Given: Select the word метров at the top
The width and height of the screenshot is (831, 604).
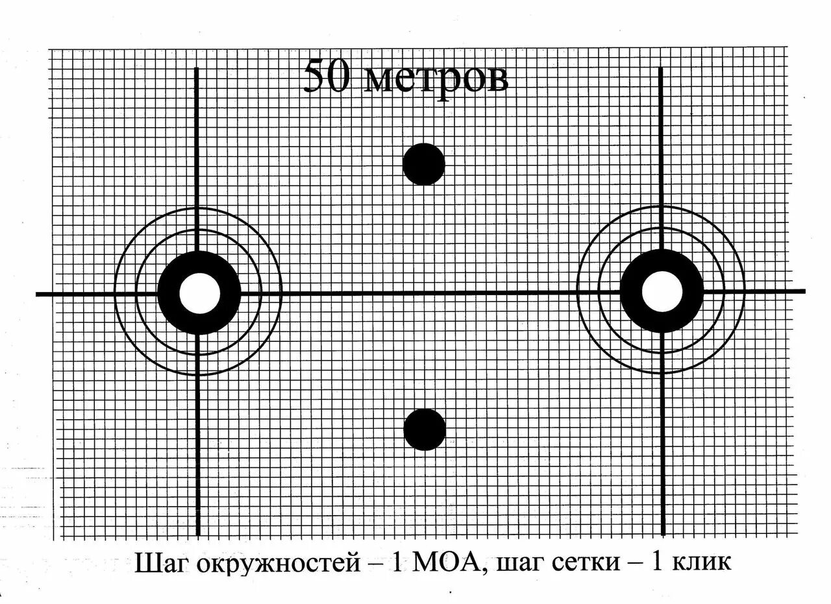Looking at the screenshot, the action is pyautogui.click(x=435, y=79).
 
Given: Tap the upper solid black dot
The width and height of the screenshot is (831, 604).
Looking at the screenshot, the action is pyautogui.click(x=424, y=164).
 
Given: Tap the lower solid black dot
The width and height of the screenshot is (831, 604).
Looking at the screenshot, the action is pyautogui.click(x=425, y=429).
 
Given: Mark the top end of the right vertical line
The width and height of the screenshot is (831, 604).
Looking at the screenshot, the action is pyautogui.click(x=661, y=68).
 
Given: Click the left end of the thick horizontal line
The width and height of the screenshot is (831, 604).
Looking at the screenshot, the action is pyautogui.click(x=38, y=295).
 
